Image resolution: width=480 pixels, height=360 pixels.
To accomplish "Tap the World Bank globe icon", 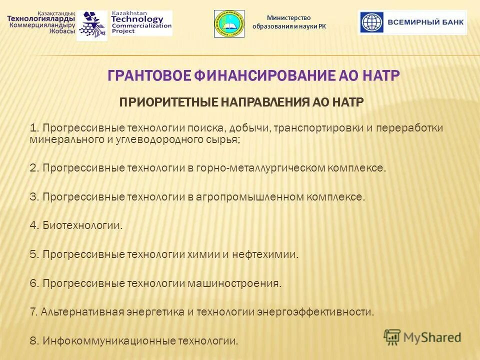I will [371, 22].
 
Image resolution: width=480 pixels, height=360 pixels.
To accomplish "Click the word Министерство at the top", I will [288, 18].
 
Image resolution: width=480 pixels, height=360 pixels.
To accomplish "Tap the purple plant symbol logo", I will [92, 25].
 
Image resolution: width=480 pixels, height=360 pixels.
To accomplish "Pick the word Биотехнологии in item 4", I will [82, 225].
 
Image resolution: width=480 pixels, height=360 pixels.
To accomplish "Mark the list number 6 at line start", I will [33, 283].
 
